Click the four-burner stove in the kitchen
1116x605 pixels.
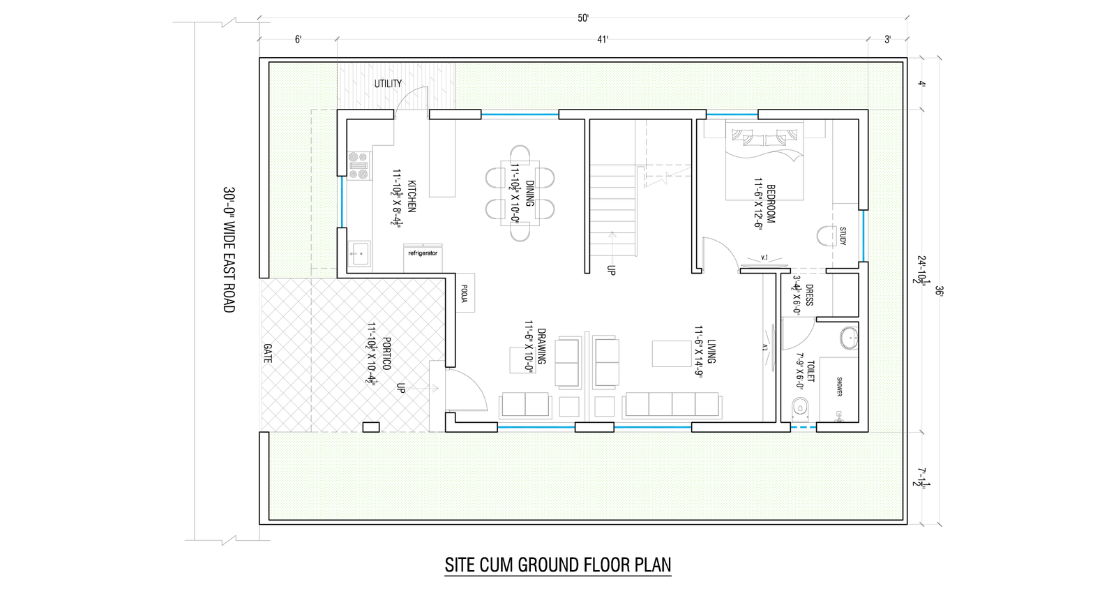pos(359,165)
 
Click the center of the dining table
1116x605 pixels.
pos(520,193)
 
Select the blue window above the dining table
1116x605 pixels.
pos(520,114)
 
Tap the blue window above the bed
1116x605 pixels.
pos(732,113)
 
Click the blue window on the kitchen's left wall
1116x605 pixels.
pos(342,202)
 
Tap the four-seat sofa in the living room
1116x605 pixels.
pos(672,404)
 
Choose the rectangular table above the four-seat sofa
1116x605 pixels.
pos(672,353)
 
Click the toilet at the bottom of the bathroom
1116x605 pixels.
pos(800,409)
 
